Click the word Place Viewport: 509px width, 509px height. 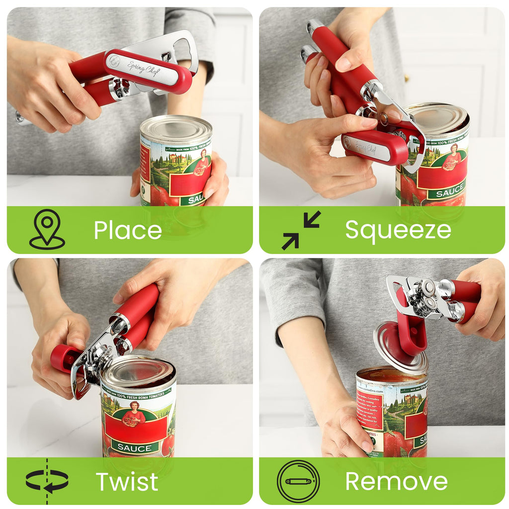tap(128, 230)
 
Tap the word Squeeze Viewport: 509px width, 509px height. tap(398, 230)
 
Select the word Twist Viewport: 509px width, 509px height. tap(127, 482)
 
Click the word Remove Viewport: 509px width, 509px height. tap(396, 482)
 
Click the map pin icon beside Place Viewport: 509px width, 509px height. tap(47, 229)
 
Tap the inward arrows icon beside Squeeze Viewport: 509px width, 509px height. tap(301, 230)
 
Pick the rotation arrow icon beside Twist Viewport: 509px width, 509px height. tap(47, 481)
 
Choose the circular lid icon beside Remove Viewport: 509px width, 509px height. tap(298, 481)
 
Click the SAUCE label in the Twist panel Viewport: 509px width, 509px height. tap(135, 447)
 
